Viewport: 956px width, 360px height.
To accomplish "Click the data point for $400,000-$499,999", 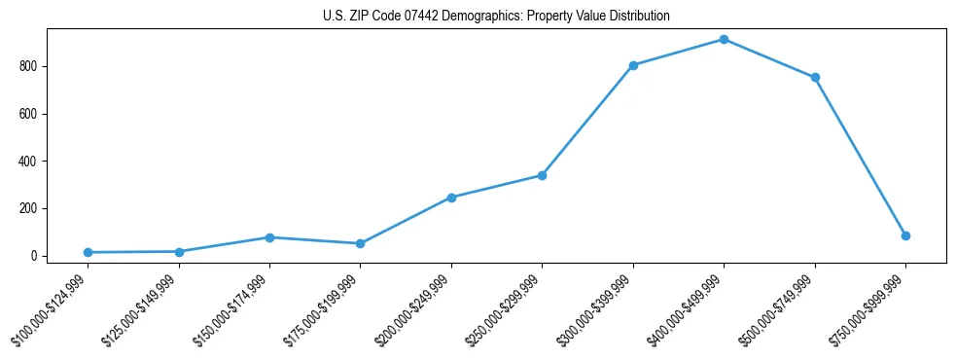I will click(724, 39).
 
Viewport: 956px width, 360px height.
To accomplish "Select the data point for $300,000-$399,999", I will click(633, 65).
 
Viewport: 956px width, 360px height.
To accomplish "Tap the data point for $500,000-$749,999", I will click(815, 77).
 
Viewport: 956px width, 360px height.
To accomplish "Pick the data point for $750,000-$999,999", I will click(905, 235).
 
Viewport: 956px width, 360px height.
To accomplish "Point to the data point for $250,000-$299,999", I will click(542, 175).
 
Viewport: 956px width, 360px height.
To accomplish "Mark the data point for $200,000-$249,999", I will click(451, 198).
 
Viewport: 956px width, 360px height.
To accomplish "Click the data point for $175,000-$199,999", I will click(360, 243).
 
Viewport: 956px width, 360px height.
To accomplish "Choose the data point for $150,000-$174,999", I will click(269, 237).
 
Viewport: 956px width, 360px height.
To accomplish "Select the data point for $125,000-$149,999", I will click(179, 252).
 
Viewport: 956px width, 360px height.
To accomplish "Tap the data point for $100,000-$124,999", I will click(88, 252).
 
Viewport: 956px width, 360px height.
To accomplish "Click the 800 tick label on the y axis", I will click(27, 66).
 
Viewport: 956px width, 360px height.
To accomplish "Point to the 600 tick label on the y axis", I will click(27, 114).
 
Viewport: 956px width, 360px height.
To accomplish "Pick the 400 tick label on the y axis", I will click(27, 161).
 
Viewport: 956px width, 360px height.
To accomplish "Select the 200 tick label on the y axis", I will click(27, 208).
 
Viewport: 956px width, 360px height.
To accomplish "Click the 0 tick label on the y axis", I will click(33, 256).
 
